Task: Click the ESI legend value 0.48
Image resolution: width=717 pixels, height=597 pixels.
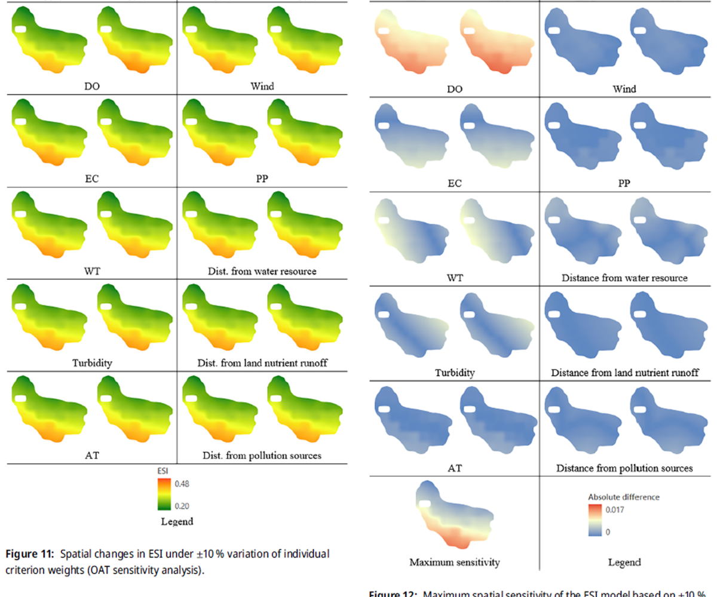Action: click(182, 484)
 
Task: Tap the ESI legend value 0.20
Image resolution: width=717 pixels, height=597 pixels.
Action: click(182, 506)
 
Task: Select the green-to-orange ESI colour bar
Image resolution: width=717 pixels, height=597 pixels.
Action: click(164, 494)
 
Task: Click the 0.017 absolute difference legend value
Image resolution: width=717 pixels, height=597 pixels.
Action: click(615, 510)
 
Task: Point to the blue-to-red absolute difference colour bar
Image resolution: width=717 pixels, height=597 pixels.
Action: click(595, 520)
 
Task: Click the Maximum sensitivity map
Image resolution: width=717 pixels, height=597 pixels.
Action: click(455, 515)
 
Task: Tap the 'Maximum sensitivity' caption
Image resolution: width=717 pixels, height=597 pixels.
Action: click(454, 562)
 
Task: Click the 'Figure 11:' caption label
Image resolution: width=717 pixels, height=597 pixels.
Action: click(29, 554)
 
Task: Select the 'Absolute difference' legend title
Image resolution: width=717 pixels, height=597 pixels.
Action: click(624, 497)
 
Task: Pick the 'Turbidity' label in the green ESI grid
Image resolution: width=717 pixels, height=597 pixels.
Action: click(92, 363)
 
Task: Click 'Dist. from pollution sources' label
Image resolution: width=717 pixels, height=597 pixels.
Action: click(262, 456)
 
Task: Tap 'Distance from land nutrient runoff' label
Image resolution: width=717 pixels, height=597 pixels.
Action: click(624, 373)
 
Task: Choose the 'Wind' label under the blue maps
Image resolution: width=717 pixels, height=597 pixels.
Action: click(624, 89)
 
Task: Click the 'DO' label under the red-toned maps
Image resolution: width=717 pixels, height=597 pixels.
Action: click(455, 89)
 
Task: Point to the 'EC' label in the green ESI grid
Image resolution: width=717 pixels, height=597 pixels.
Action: click(92, 179)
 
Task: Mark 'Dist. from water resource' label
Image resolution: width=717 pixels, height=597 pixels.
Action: click(262, 272)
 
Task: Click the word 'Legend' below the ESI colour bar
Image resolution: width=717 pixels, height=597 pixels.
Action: click(177, 522)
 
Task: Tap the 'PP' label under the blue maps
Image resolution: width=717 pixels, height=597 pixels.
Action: click(624, 183)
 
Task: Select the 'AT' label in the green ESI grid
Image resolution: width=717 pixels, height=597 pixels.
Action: click(92, 456)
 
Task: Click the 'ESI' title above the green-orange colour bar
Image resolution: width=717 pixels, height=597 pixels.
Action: click(163, 471)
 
